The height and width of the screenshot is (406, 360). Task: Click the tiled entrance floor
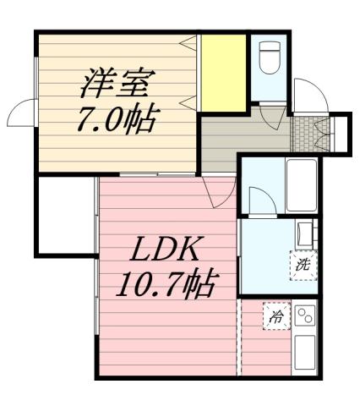click(303, 130)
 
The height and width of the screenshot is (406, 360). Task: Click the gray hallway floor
click(241, 135)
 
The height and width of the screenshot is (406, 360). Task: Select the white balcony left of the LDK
click(64, 215)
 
